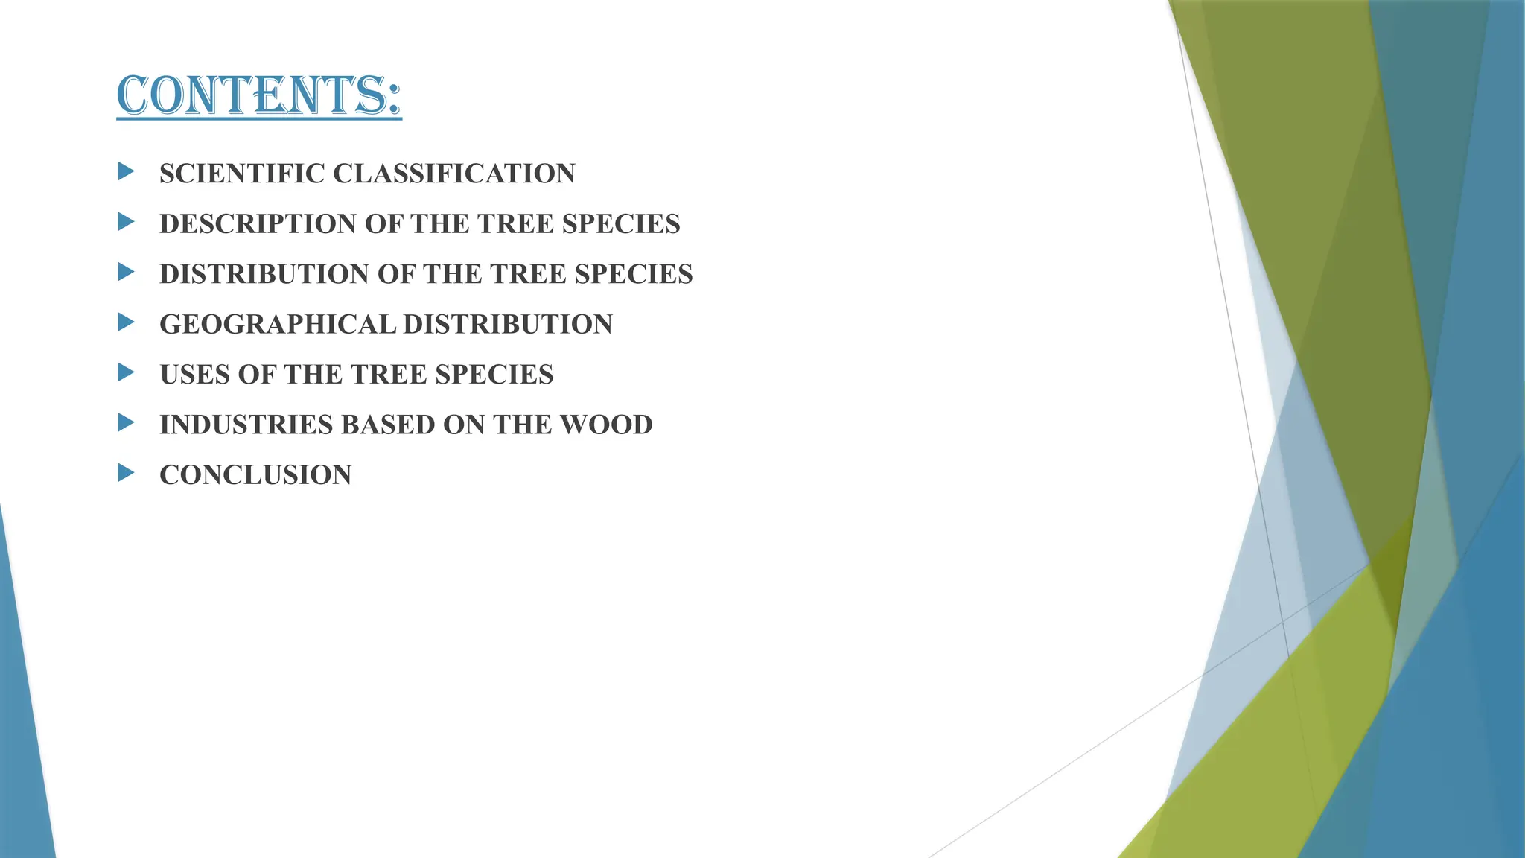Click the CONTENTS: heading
(258, 95)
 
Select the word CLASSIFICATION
(453, 174)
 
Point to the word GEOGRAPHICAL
(277, 325)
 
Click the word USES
(194, 375)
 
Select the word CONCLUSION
(255, 475)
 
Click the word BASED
(387, 425)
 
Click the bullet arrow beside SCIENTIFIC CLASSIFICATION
(126, 172)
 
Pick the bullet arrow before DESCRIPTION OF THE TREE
(126, 222)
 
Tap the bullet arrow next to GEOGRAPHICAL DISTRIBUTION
(126, 322)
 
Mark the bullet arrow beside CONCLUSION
(126, 473)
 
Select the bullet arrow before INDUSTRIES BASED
(126, 423)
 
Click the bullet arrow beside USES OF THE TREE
(126, 372)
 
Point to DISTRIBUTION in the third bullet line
(264, 274)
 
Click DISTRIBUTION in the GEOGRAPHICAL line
(508, 325)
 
